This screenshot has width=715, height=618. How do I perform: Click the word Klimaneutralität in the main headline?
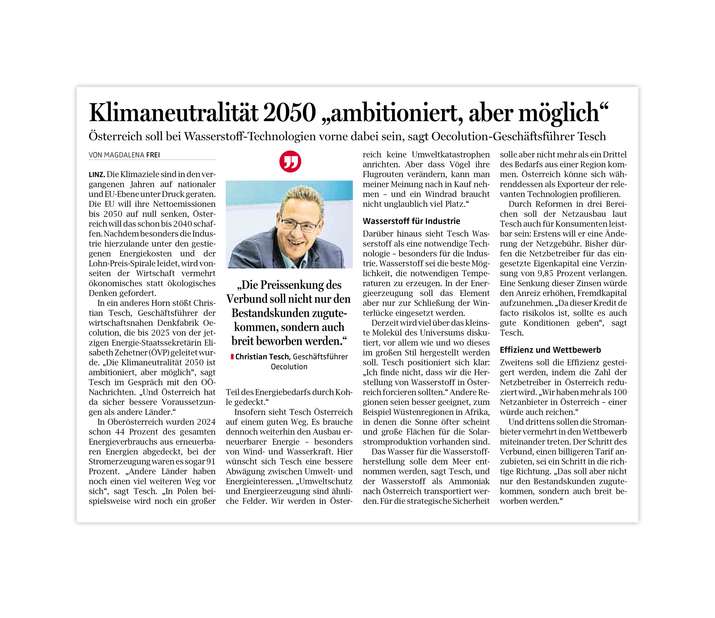(174, 113)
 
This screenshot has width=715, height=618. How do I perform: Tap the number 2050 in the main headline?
(289, 113)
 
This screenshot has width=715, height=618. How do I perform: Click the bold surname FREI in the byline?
(153, 155)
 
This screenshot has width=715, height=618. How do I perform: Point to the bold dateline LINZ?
(97, 174)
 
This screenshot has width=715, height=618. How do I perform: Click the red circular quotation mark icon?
(290, 161)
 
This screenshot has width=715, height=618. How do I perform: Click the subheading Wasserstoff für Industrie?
(411, 221)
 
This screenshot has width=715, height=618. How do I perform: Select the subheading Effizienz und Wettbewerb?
(550, 350)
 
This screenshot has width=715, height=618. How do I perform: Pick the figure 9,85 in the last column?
(546, 274)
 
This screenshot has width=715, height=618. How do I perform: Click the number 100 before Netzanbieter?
(620, 392)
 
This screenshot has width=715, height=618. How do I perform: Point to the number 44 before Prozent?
(120, 432)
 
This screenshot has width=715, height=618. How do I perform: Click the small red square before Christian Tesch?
(232, 357)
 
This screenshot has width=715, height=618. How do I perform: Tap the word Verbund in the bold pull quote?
(244, 299)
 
